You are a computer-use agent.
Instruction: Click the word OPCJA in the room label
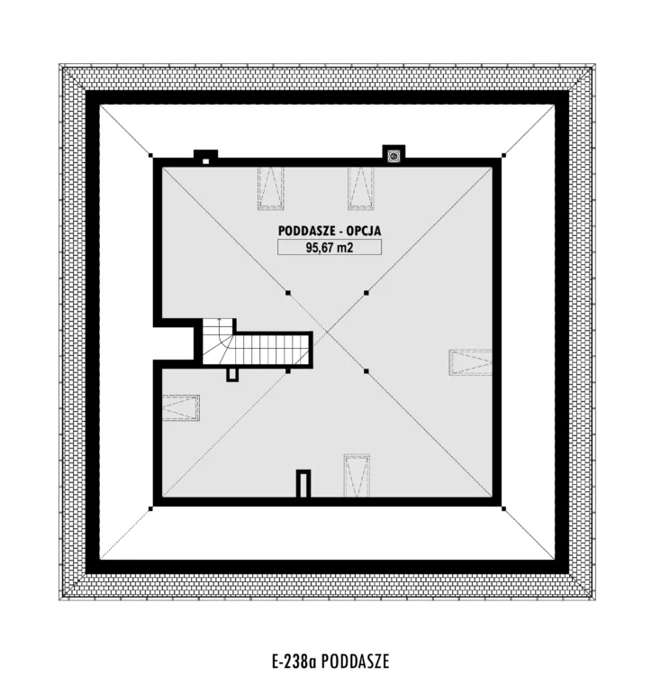pos(365,231)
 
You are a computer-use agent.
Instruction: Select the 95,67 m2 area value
pos(330,248)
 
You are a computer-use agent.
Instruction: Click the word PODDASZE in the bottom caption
pos(355,661)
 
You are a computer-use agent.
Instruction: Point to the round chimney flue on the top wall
pos(394,156)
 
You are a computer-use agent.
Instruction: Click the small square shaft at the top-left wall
pos(206,161)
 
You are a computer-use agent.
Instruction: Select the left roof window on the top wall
pos(271,188)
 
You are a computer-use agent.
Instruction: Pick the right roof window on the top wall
pos(361,188)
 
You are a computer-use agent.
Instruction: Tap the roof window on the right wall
pos(471,362)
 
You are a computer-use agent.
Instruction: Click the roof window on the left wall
pos(181,407)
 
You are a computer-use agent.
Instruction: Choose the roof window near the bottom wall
pos(357,475)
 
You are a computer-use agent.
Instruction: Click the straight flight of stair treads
pos(272,350)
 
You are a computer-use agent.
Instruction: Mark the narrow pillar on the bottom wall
pos(304,483)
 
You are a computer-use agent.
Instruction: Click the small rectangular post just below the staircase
pos(232,375)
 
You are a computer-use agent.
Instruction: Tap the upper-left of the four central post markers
pos(288,293)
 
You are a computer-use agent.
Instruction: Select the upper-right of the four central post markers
pos(366,293)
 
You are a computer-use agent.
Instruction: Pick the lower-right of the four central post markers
pos(366,371)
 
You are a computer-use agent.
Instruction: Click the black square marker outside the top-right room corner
pos(503,155)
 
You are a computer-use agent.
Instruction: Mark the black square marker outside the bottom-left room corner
pos(150,509)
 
